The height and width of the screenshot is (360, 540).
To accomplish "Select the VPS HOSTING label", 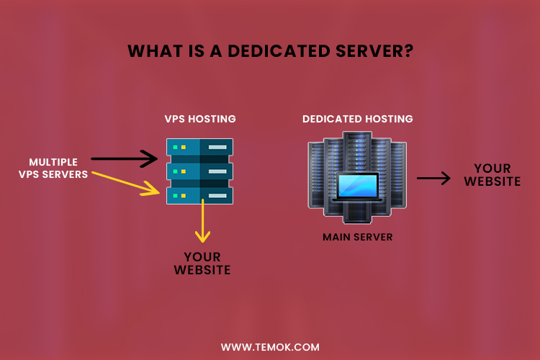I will tap(200, 119).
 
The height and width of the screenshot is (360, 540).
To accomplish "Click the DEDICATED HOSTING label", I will tap(358, 119).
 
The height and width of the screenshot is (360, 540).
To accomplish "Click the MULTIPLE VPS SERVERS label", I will tap(58, 168).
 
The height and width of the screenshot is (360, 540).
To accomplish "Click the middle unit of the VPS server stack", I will tap(199, 171).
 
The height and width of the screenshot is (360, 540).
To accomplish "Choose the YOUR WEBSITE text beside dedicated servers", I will tap(492, 175).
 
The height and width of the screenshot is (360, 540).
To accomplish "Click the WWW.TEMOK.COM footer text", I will tap(270, 347).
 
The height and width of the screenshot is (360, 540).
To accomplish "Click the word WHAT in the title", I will tap(150, 51).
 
